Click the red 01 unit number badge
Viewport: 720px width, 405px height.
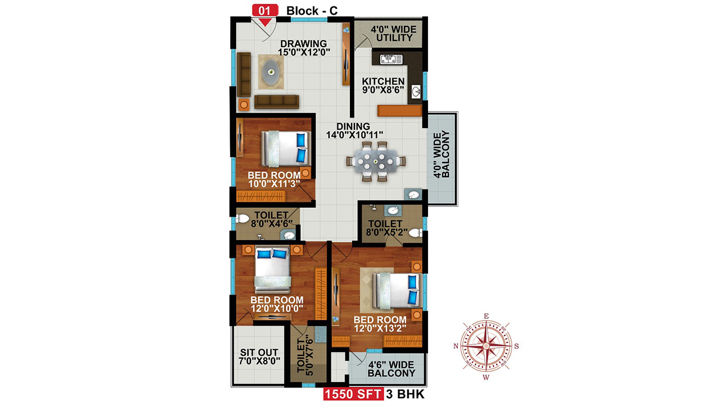click(265, 11)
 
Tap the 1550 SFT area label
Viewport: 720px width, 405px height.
click(353, 394)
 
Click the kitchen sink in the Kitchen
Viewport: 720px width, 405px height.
click(391, 59)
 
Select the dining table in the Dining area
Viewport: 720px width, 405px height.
click(375, 161)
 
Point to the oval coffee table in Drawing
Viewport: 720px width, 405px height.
click(271, 72)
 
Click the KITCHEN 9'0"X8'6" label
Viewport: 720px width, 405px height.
click(383, 85)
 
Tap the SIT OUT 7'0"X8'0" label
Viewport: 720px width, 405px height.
click(259, 357)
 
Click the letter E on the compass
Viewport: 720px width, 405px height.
click(487, 316)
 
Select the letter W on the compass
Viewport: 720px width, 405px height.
click(486, 377)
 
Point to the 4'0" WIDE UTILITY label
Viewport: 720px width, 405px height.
click(394, 34)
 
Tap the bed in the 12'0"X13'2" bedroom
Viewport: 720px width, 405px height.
click(397, 291)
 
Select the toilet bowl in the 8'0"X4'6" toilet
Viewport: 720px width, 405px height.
click(242, 219)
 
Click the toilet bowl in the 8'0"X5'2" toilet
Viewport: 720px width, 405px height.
click(416, 232)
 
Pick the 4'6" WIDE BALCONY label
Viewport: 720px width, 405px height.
click(391, 369)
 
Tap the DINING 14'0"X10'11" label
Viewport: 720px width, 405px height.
click(354, 130)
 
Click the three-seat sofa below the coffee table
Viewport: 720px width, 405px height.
click(276, 102)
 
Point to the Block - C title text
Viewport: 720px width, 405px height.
click(312, 11)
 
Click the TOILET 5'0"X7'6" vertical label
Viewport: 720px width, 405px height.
click(305, 357)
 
